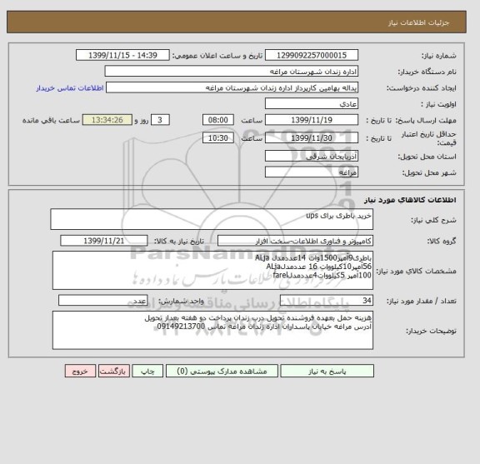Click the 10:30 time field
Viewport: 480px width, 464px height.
point(217,137)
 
